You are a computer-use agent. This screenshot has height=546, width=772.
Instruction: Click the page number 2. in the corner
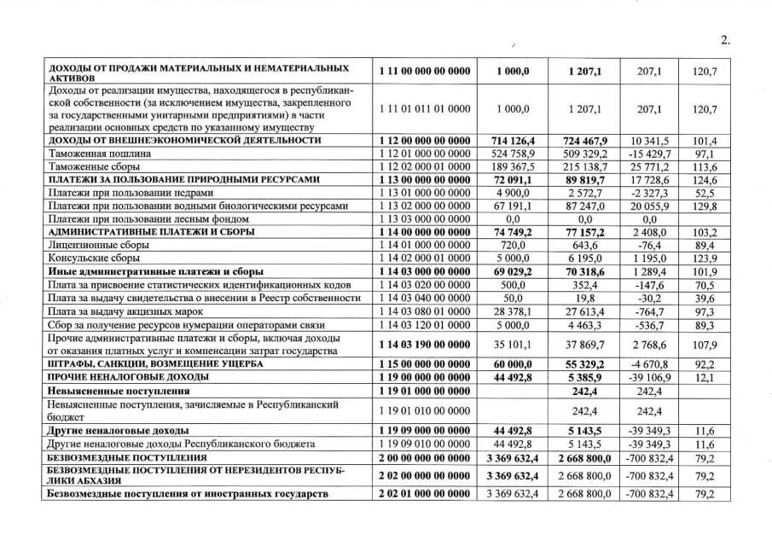(x=726, y=38)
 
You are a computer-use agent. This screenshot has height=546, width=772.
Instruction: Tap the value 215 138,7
(x=582, y=167)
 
